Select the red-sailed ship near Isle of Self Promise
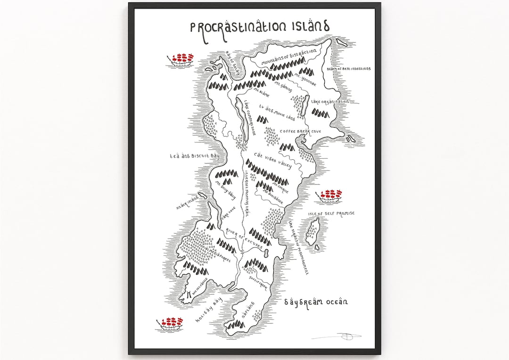[x=330, y=195]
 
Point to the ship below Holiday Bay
[x=171, y=323]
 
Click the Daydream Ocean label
[x=316, y=302]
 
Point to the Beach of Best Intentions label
[x=348, y=69]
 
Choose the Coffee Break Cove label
[x=300, y=131]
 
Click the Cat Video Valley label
[x=273, y=160]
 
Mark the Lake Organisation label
[x=330, y=101]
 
